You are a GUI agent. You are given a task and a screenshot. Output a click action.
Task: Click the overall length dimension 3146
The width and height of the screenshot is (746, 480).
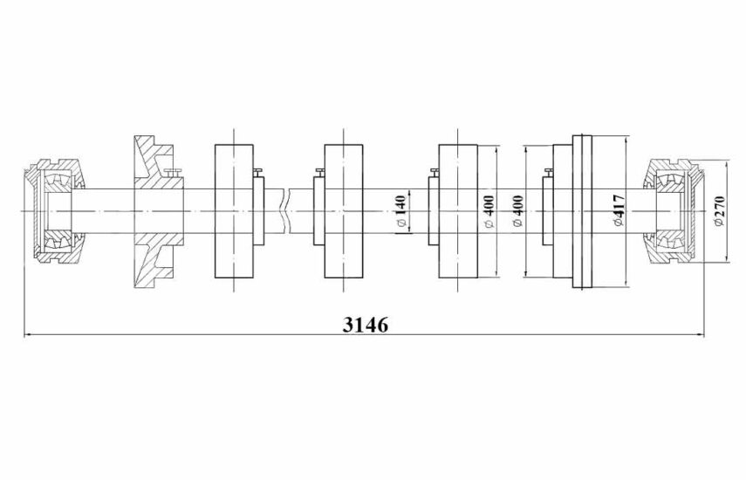click(x=365, y=325)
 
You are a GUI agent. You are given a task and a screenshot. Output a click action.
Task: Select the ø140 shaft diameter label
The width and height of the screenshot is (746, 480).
click(x=400, y=214)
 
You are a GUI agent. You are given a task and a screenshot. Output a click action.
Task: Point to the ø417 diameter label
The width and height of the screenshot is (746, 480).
click(x=619, y=208)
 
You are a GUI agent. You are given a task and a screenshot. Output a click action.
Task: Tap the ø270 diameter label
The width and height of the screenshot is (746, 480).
click(x=718, y=210)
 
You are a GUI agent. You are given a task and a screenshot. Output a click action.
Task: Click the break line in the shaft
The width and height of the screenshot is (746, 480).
click(x=285, y=210)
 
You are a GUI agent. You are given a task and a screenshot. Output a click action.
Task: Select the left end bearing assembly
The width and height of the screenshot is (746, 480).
click(x=55, y=210)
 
